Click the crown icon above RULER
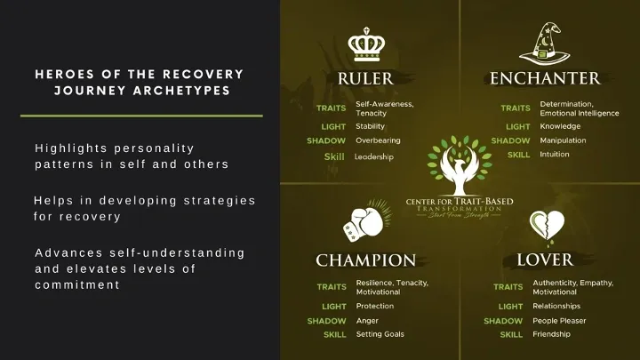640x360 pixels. click(366, 44)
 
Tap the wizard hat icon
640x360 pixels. click(545, 44)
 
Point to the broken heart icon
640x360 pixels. click(547, 227)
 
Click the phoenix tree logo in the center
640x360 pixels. click(460, 165)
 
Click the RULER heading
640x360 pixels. click(365, 79)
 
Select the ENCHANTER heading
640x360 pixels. click(545, 78)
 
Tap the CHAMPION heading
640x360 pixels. click(365, 260)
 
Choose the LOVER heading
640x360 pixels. click(545, 260)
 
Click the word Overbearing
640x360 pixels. click(378, 140)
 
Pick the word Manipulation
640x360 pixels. click(563, 140)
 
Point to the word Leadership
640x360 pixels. click(374, 156)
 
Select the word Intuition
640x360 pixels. click(555, 155)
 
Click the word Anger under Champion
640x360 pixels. click(367, 321)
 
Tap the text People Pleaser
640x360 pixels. click(559, 321)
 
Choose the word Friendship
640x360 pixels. click(551, 334)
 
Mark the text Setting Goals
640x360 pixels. click(380, 334)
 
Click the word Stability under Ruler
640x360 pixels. click(370, 126)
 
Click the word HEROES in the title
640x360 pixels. click(65, 75)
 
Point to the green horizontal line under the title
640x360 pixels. click(141, 116)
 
